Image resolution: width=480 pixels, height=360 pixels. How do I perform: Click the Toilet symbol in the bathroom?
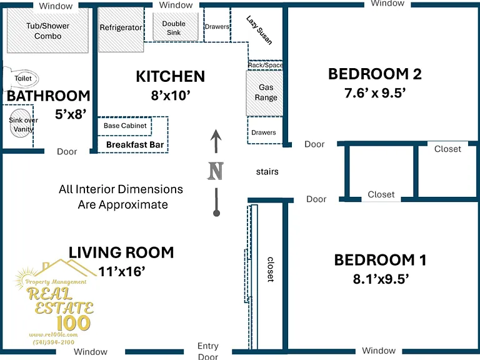pyautogui.click(x=21, y=78)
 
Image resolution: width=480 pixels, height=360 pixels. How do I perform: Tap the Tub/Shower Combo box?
pyautogui.click(x=47, y=30)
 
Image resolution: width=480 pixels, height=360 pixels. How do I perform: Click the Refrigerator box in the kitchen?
pyautogui.click(x=121, y=29)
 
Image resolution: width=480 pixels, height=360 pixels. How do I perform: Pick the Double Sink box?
pyautogui.click(x=176, y=27)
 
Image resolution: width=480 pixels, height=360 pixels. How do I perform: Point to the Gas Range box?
pyautogui.click(x=264, y=93)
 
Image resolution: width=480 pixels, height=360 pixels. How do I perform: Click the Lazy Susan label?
pyautogui.click(x=259, y=30)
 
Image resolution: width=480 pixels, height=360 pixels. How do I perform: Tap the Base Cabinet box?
pyautogui.click(x=124, y=126)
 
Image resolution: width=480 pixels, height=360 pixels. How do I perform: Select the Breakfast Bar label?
pyautogui.click(x=135, y=144)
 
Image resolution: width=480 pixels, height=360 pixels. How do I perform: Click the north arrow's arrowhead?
pyautogui.click(x=216, y=135)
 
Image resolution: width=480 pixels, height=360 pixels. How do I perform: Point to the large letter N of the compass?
pyautogui.click(x=216, y=171)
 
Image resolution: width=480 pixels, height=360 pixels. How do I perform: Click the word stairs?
pyautogui.click(x=267, y=171)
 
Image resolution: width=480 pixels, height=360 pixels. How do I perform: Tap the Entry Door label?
pyautogui.click(x=208, y=351)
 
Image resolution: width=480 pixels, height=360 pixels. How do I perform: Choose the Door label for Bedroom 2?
pyautogui.click(x=314, y=144)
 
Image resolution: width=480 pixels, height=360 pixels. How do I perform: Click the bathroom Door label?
pyautogui.click(x=67, y=151)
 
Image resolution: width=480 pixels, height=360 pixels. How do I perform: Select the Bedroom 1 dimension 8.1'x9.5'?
pyautogui.click(x=381, y=279)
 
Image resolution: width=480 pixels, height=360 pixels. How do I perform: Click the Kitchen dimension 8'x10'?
pyautogui.click(x=171, y=96)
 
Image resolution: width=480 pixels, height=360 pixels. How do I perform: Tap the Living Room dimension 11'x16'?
pyautogui.click(x=122, y=271)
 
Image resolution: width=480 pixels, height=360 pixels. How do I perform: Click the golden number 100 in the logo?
pyautogui.click(x=74, y=323)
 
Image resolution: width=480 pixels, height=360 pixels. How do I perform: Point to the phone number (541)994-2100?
pyautogui.click(x=54, y=342)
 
